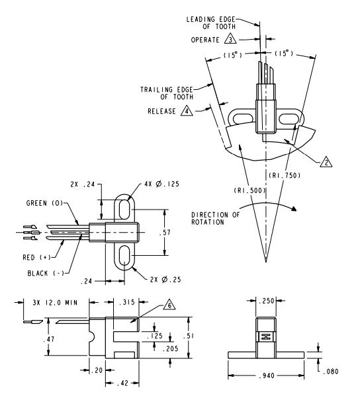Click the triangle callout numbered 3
pyautogui.click(x=230, y=39)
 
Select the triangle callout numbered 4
pyautogui.click(x=187, y=111)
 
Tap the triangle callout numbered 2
pyautogui.click(x=326, y=162)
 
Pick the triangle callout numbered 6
pyautogui.click(x=169, y=305)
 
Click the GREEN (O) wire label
pyautogui.click(x=44, y=203)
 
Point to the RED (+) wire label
pyautogui.click(x=36, y=257)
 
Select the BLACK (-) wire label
pyautogui.click(x=46, y=273)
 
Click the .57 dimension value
pyautogui.click(x=165, y=233)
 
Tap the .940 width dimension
pyautogui.click(x=267, y=376)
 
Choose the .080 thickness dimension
pyautogui.click(x=330, y=372)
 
